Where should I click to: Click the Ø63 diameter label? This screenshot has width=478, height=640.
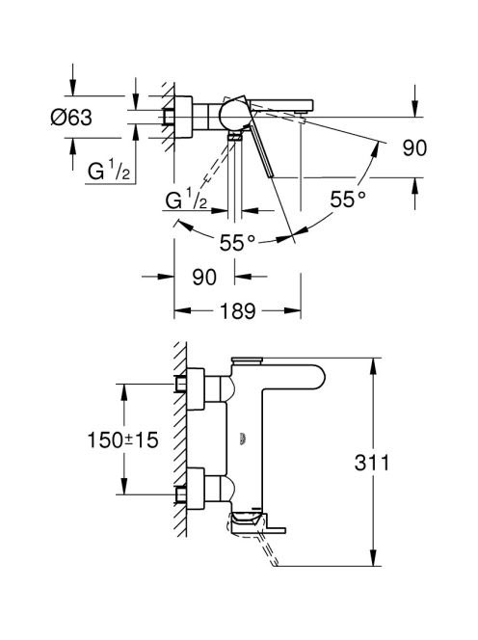tap(71, 118)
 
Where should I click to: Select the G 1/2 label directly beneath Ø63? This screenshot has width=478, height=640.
tap(109, 171)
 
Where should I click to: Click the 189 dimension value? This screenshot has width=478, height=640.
tap(238, 311)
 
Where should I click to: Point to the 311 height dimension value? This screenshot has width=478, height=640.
tap(371, 463)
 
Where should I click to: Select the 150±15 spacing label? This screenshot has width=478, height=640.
tap(122, 440)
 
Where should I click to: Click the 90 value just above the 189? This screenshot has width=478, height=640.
tap(204, 278)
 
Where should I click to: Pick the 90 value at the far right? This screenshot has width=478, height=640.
tap(414, 147)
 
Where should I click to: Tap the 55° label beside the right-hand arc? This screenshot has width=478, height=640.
tap(348, 200)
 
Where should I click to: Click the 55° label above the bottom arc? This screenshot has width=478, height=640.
tap(237, 243)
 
